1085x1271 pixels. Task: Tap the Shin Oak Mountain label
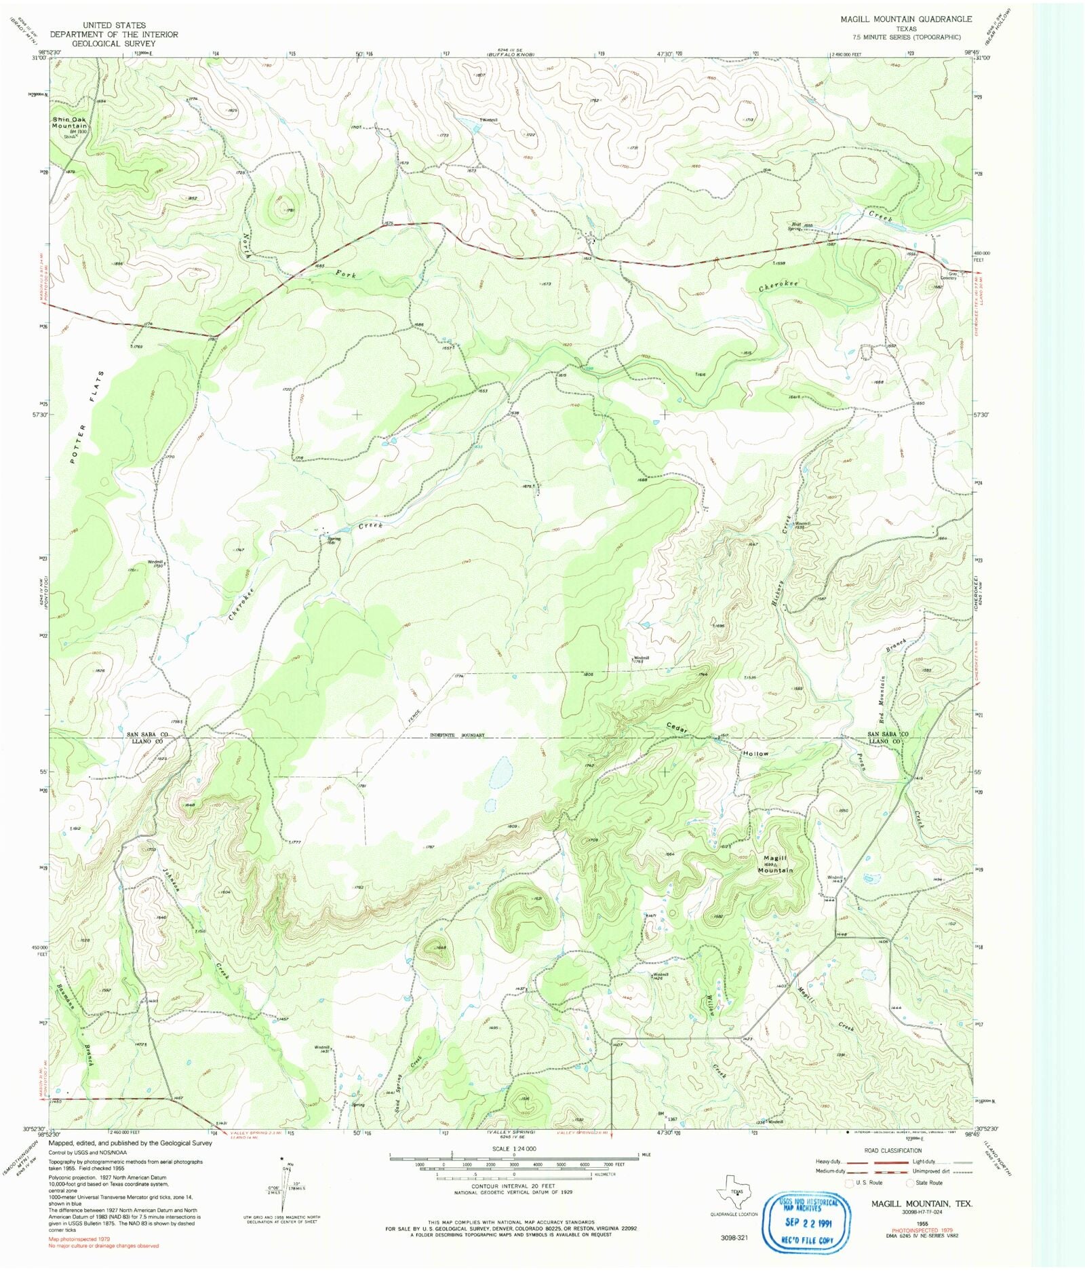click(x=70, y=122)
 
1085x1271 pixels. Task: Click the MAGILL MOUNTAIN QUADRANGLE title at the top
click(x=906, y=19)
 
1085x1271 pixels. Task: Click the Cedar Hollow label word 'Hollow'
click(x=755, y=753)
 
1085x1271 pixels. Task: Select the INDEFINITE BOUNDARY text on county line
click(x=457, y=735)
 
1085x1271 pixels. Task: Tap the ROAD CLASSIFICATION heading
click(x=893, y=1150)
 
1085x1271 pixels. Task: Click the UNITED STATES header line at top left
click(x=114, y=25)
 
